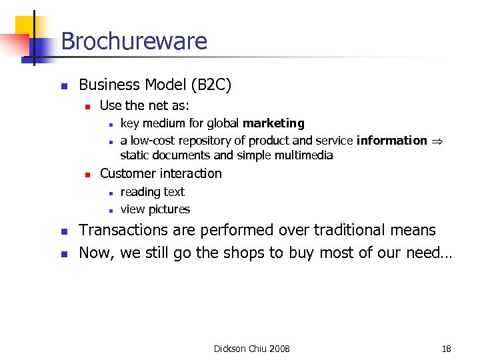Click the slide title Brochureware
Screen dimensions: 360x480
click(x=134, y=41)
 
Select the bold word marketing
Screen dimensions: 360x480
click(x=273, y=123)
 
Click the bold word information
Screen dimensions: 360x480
click(x=392, y=140)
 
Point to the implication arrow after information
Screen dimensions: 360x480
click(x=437, y=141)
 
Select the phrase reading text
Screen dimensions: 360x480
click(x=152, y=192)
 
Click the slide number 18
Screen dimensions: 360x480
click(x=447, y=349)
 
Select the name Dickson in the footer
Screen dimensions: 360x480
click(x=229, y=349)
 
